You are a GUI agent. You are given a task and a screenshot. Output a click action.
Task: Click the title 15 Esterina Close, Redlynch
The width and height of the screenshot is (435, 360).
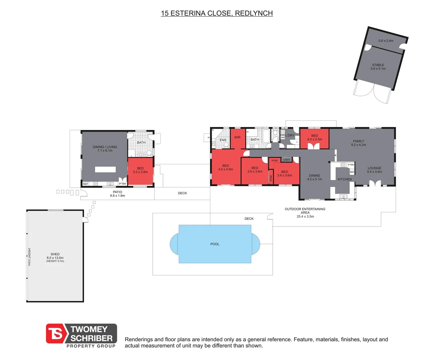217,13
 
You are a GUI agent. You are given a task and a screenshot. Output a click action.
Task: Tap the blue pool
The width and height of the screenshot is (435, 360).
215,244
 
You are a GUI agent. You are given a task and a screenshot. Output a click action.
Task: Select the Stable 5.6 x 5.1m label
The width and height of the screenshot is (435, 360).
378,67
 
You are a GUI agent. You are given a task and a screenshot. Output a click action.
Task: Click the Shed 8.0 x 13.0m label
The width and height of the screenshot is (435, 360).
55,257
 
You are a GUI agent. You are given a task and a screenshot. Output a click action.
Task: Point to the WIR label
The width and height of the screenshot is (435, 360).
237,137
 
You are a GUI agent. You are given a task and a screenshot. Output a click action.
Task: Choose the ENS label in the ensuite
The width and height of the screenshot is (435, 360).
223,140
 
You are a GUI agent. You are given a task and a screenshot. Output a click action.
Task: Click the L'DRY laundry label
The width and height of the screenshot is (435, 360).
290,135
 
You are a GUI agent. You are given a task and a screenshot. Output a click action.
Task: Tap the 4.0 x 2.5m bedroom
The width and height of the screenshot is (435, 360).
314,138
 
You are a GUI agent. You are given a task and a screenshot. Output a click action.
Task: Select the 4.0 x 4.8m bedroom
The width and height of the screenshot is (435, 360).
226,167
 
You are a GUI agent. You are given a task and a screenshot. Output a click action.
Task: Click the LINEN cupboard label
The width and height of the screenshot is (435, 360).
286,160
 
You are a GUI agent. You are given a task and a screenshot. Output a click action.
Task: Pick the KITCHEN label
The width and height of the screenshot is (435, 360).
345,179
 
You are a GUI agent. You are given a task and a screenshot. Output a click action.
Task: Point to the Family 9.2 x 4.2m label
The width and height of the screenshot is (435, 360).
358,143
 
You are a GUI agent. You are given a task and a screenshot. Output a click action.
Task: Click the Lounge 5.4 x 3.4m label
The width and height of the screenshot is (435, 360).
374,170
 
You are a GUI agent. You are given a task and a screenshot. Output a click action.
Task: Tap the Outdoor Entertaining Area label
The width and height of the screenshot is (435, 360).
305,213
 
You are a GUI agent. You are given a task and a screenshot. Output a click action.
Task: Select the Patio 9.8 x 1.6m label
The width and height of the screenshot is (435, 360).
117,194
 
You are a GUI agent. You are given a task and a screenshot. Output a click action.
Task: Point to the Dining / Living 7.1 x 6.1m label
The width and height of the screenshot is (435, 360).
105,149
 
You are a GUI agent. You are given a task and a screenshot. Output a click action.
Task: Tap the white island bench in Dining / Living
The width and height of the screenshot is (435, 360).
105,169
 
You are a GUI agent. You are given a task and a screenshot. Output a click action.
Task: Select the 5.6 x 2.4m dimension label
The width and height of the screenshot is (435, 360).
386,41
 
